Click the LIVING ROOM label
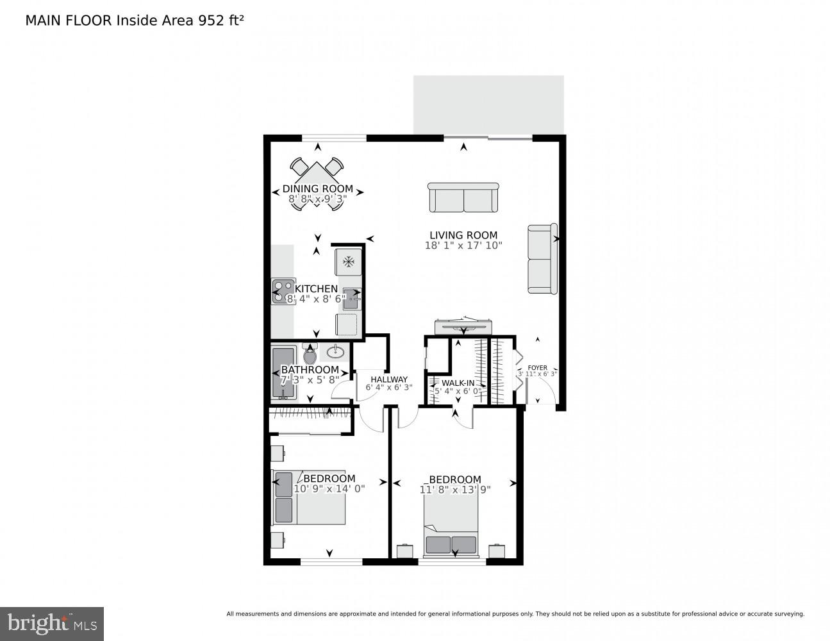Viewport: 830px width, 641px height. [x=463, y=235]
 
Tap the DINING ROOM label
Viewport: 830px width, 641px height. [x=317, y=188]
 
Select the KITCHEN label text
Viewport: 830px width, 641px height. [x=316, y=289]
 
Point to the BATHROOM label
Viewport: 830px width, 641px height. [x=310, y=370]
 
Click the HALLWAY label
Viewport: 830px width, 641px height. [x=388, y=379]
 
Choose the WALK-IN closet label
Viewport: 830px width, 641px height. [x=458, y=383]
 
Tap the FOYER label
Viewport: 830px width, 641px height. [x=537, y=367]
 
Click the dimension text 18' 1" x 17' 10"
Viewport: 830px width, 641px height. [x=463, y=246]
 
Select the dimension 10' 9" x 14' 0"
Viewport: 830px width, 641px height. [x=329, y=488]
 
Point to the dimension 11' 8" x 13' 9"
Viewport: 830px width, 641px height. [x=454, y=490]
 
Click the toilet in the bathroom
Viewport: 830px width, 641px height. [x=310, y=354]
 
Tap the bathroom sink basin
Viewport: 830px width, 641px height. [x=335, y=351]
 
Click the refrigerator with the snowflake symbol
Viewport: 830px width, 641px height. [x=349, y=262]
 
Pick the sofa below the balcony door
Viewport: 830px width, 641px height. [x=463, y=197]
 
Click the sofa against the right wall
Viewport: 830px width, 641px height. [x=542, y=258]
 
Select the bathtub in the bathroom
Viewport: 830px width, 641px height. [x=282, y=373]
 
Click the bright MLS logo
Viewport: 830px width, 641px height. [x=51, y=624]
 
